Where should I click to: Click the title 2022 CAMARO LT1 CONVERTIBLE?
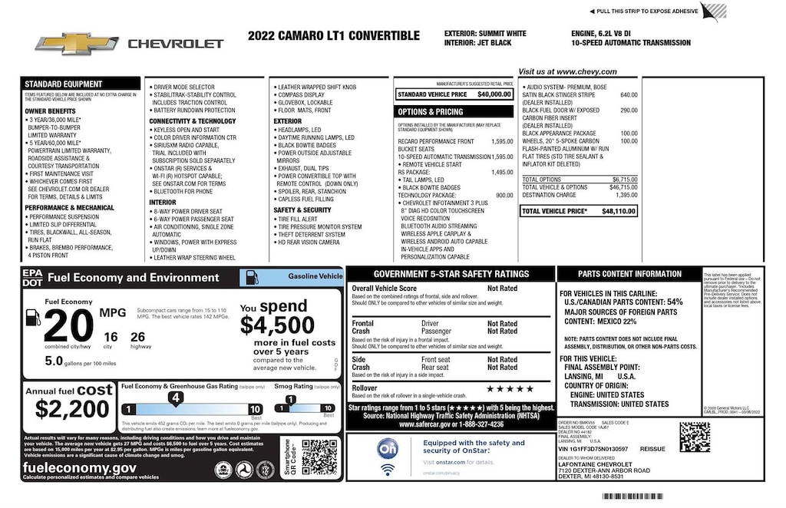[334, 36]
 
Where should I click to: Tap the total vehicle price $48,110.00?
[618, 210]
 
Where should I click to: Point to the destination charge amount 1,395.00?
[626, 195]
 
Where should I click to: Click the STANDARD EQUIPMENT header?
[63, 84]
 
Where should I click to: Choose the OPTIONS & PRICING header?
[430, 112]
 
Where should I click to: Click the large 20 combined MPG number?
[68, 326]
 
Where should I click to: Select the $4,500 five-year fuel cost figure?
[277, 325]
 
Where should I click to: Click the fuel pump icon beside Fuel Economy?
[33, 318]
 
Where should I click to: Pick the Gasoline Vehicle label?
[315, 275]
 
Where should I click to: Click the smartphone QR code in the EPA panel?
[319, 457]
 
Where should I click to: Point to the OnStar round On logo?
[388, 447]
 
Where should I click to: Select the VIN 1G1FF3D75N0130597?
[593, 449]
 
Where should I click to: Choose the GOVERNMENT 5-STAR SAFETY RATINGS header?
[451, 274]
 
